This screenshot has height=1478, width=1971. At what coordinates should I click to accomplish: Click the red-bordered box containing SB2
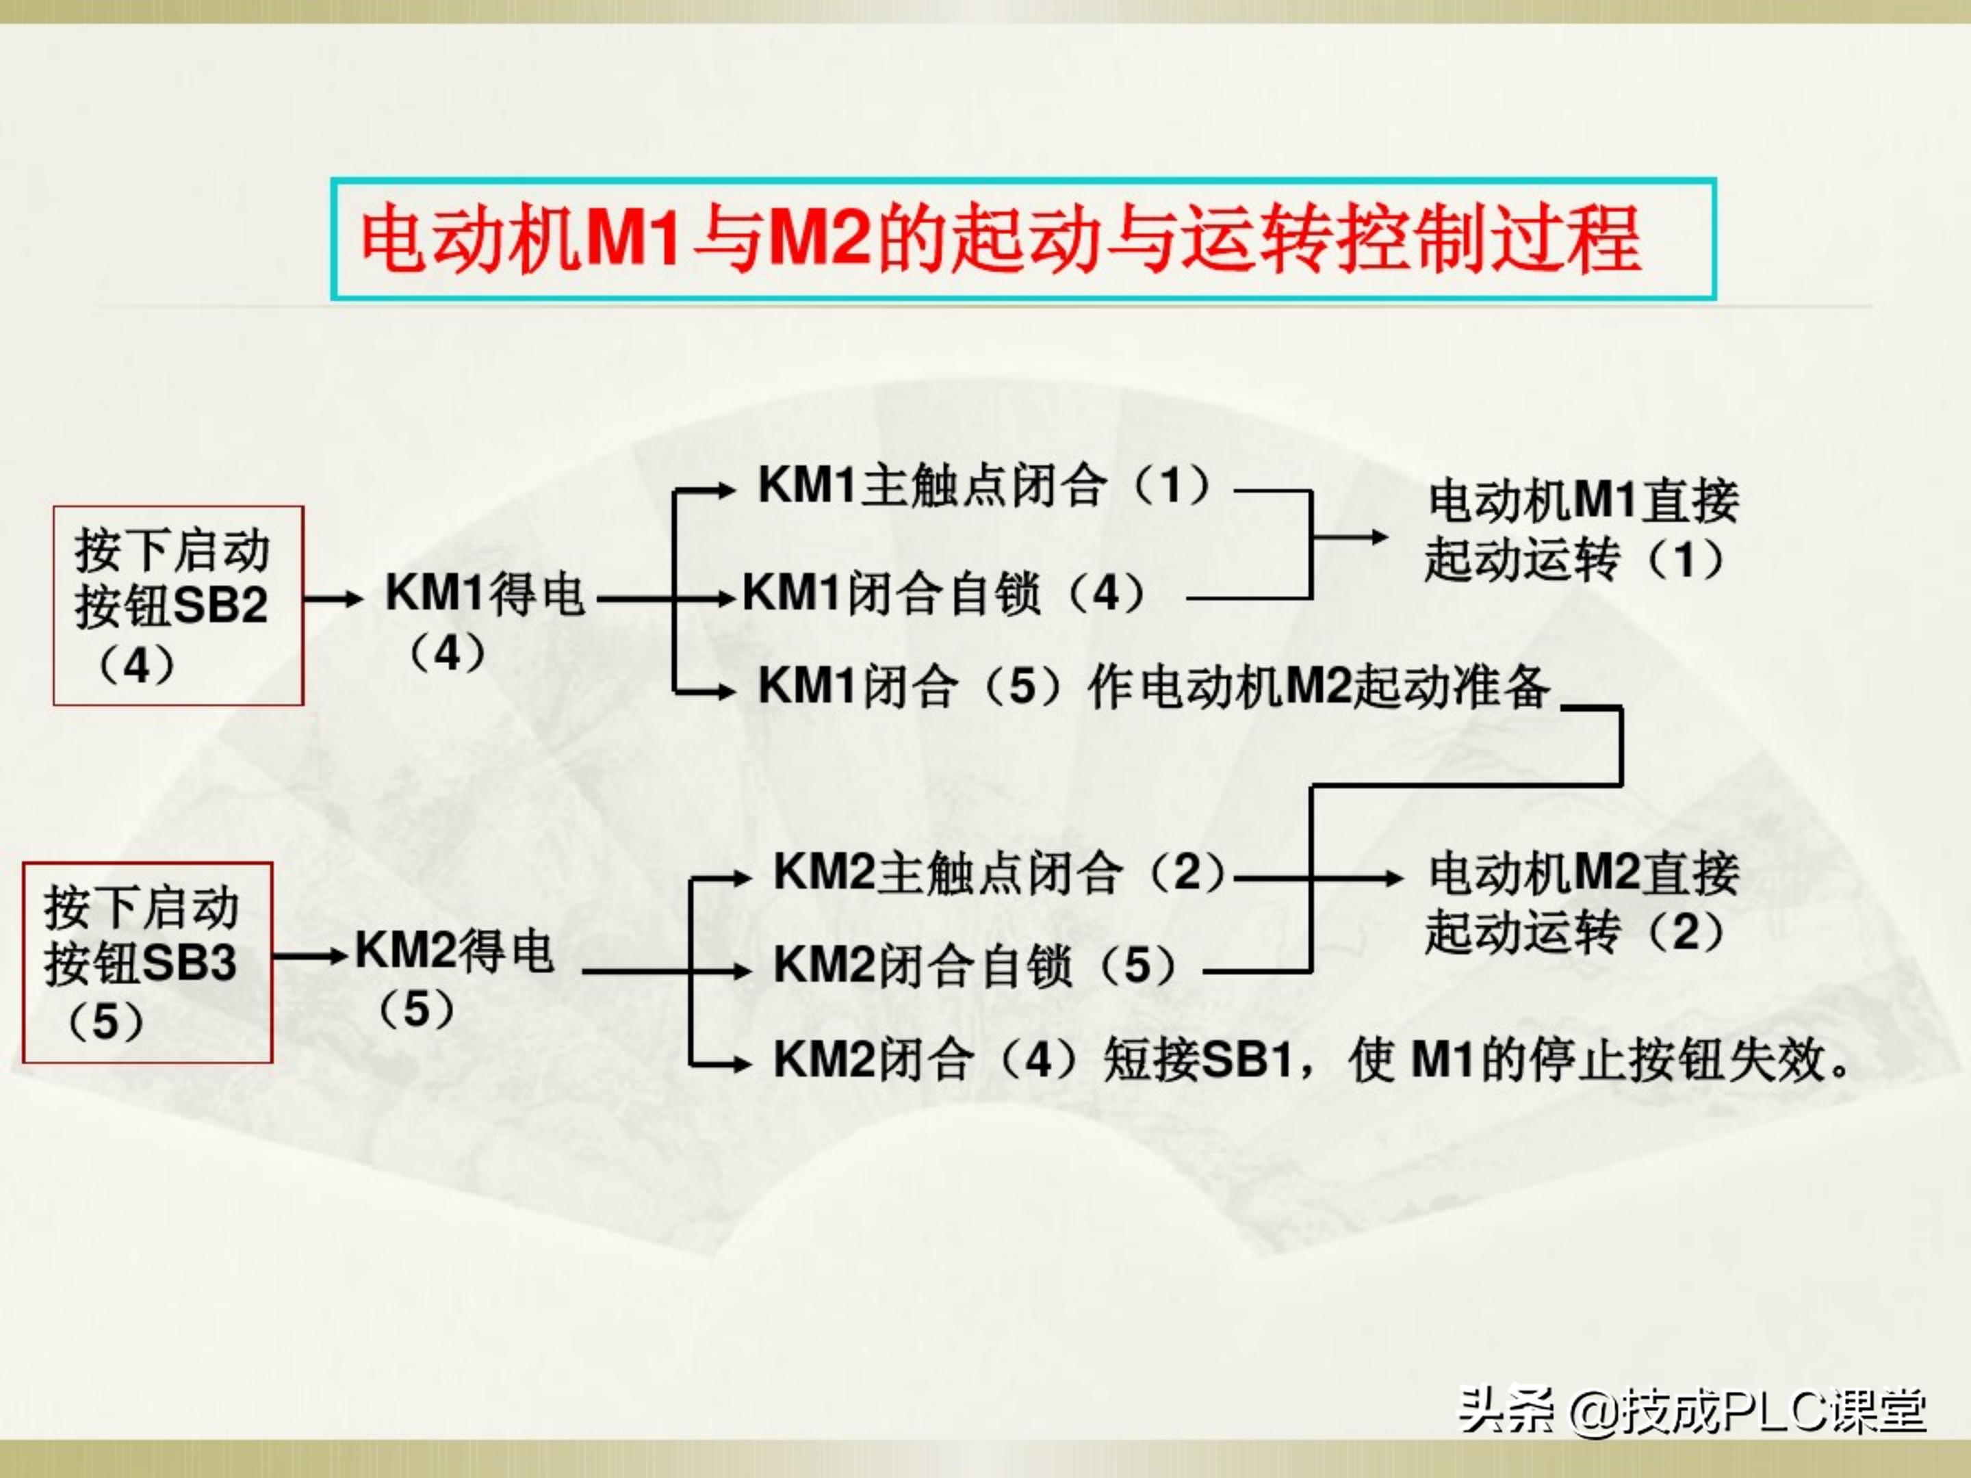point(177,606)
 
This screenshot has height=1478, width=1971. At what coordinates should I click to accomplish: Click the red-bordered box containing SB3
point(147,962)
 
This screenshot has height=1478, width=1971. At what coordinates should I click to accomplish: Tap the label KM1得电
point(484,594)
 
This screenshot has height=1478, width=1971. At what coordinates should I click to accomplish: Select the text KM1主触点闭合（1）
point(985,487)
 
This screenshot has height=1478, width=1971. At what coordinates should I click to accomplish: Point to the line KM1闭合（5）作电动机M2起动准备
point(1154,687)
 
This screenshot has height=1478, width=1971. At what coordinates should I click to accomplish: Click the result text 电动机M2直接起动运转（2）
point(1582,903)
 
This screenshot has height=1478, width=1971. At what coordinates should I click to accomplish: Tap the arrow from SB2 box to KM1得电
point(333,599)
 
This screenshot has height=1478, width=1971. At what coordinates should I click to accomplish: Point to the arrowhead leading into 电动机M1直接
point(1379,537)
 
